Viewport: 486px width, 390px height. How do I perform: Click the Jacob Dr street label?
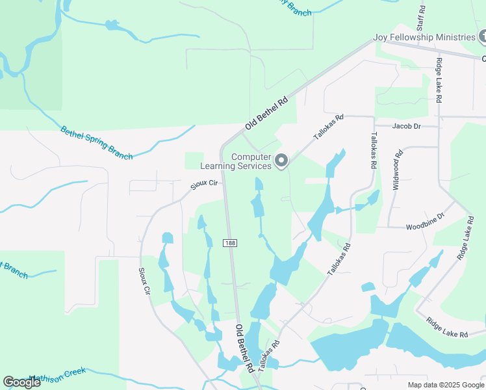[x=407, y=125]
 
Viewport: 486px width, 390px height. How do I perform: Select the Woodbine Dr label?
[x=424, y=220]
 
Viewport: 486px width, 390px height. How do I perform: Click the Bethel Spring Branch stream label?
[x=96, y=142]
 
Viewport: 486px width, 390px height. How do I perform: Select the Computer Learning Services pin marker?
[x=281, y=160]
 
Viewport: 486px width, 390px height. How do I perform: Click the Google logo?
[x=21, y=382]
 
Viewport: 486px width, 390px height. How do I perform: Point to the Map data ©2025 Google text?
[x=445, y=385]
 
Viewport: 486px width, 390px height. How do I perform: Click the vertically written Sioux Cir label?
[x=144, y=283]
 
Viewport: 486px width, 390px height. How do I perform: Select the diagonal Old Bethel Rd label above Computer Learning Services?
[x=266, y=113]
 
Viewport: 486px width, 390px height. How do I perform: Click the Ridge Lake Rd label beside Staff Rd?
[x=440, y=81]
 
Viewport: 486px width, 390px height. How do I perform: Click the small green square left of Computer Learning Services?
[x=194, y=161]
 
